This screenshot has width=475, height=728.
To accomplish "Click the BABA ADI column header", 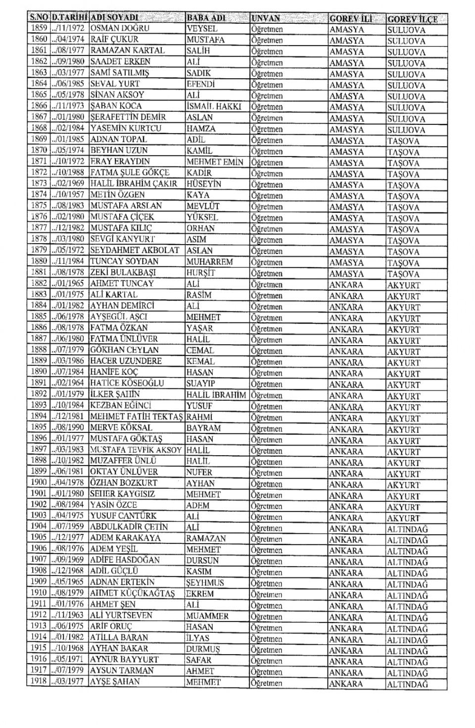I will click(206, 18).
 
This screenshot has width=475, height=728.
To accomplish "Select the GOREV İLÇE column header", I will click(412, 19).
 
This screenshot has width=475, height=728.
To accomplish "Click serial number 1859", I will click(38, 28).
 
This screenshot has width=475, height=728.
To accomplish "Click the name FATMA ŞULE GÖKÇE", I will click(130, 172).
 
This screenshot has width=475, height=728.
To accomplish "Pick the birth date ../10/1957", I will click(69, 195).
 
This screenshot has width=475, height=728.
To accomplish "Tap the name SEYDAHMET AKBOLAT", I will click(135, 250).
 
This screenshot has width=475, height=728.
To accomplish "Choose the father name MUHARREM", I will click(209, 261).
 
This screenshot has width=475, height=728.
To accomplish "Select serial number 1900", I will click(38, 482).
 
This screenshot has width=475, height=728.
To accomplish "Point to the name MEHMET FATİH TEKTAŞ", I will click(137, 416).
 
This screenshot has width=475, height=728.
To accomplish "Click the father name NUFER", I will click(199, 472).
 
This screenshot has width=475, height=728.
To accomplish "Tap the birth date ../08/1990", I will click(69, 427).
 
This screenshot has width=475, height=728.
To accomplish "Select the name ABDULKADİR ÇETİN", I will click(129, 527).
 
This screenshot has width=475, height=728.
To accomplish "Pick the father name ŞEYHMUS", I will click(205, 582).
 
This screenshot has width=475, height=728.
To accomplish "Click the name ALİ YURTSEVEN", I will click(122, 616).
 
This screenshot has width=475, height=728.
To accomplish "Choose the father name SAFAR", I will click(199, 660).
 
